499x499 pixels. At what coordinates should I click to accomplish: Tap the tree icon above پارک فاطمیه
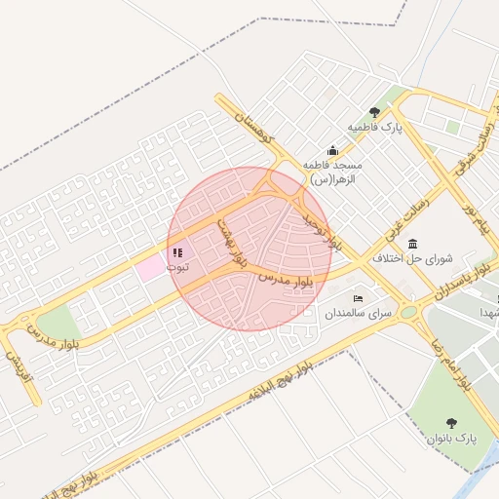pos(374,111)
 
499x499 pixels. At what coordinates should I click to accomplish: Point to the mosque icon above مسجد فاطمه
pos(332,150)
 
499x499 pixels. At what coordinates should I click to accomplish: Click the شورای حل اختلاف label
pos(413,259)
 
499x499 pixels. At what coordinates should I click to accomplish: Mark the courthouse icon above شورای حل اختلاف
pos(413,244)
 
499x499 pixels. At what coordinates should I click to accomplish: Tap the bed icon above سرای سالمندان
pos(359,298)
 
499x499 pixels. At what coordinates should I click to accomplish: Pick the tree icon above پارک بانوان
pos(451,422)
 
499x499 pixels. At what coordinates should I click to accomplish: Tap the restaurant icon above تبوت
pos(177,252)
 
